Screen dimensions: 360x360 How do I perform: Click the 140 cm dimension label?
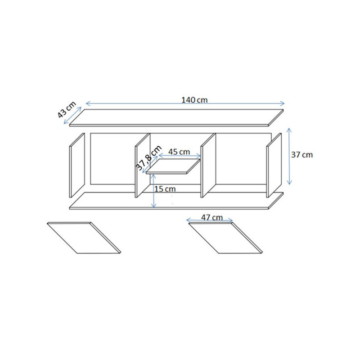tap(194, 100)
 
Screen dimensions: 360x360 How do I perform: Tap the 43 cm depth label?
tap(66, 109)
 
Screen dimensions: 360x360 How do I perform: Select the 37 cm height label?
tap(302, 155)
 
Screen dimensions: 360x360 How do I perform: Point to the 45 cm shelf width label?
tap(179, 152)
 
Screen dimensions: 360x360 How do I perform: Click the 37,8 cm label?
tap(149, 158)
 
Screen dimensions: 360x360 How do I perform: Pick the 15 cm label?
tap(165, 189)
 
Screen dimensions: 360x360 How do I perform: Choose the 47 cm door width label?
tap(212, 217)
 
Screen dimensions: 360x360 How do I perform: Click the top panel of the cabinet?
tap(176, 117)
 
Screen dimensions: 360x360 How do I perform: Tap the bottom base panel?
tap(176, 201)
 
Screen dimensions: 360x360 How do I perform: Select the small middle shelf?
tap(173, 166)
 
